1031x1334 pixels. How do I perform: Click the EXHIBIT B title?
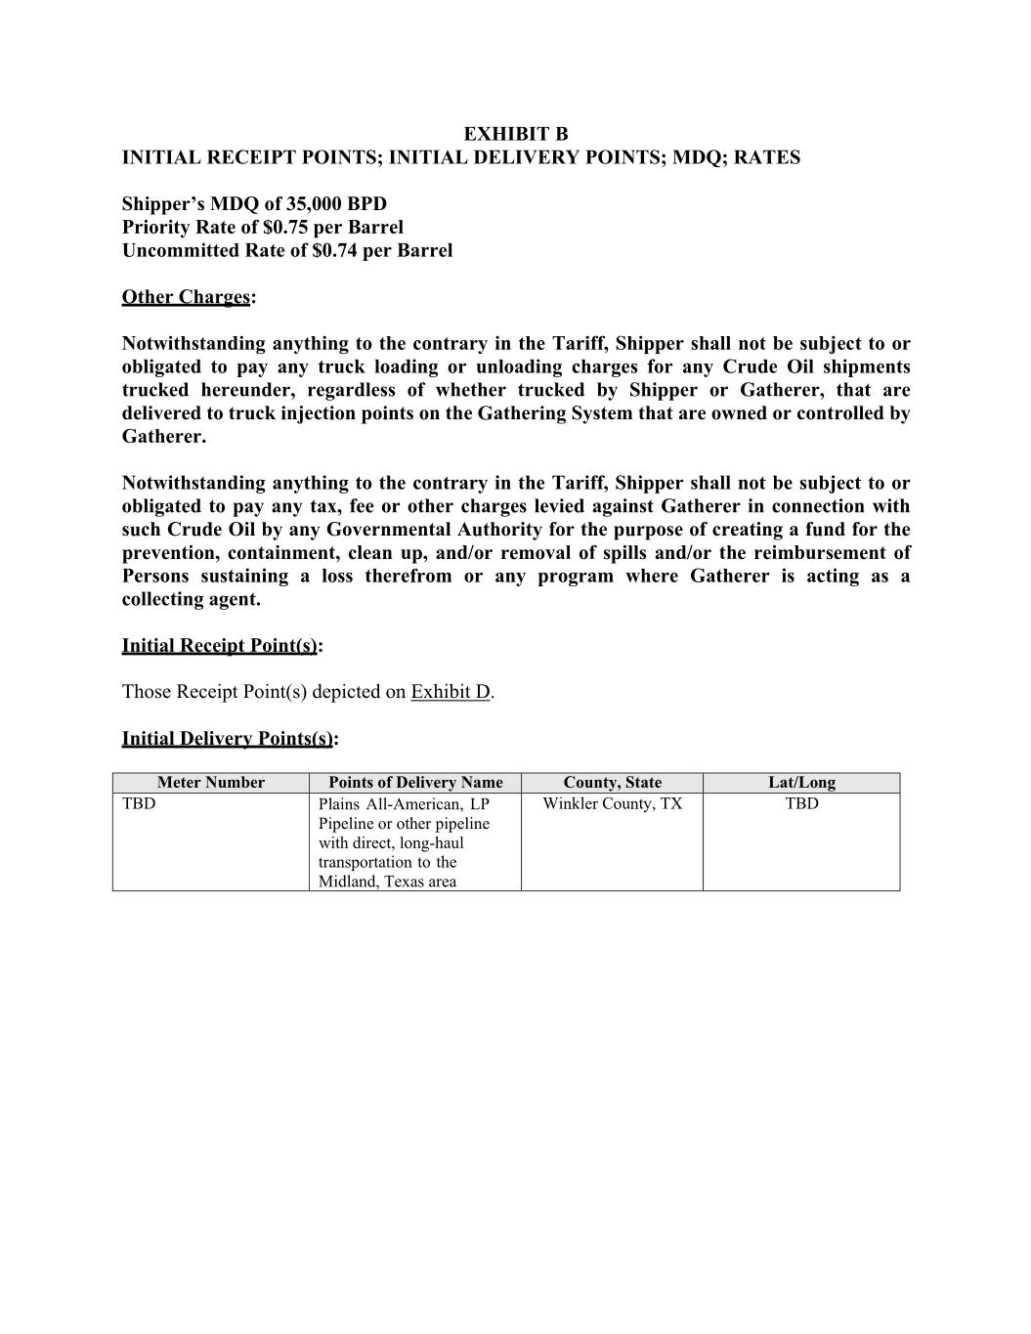point(515,134)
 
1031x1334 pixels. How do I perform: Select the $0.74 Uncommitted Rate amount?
point(334,251)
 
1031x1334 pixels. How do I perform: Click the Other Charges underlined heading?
point(186,297)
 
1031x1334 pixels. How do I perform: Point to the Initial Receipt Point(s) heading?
point(220,646)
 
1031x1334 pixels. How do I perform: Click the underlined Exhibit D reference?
point(451,692)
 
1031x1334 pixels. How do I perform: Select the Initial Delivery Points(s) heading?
point(228,739)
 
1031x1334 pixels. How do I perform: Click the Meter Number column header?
point(211,783)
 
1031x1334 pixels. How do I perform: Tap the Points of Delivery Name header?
point(415,783)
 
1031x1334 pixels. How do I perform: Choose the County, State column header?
point(612,783)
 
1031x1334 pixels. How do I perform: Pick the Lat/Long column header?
point(801,783)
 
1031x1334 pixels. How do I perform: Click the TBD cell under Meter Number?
point(139,804)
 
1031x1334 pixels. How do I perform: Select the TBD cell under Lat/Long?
point(801,804)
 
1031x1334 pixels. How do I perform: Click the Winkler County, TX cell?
point(612,804)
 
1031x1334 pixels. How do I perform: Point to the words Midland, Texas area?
point(387,882)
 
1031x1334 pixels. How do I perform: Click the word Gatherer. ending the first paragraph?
point(164,437)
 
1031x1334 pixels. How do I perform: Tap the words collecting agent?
point(192,600)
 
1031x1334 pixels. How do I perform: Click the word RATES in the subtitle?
point(767,157)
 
